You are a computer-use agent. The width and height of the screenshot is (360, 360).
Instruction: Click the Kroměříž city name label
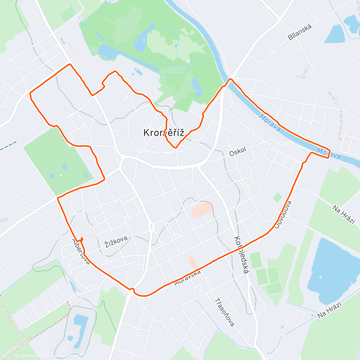point(163,133)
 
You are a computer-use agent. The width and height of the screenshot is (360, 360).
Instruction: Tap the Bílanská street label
point(300,32)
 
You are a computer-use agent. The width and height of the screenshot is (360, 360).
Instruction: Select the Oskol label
point(238,151)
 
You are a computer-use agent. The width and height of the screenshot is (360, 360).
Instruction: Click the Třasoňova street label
point(225,312)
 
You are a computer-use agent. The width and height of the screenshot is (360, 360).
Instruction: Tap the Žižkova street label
point(116,241)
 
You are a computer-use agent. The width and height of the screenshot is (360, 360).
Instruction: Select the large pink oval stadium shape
point(202,210)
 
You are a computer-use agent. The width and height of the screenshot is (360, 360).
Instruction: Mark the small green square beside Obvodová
point(277,197)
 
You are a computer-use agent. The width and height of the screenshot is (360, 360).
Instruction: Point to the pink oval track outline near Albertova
point(88,233)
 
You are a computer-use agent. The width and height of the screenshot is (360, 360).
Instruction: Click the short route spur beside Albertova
point(81,239)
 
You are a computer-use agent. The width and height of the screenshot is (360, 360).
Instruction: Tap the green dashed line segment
point(8,145)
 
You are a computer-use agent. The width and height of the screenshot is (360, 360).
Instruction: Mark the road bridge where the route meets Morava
point(230,80)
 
